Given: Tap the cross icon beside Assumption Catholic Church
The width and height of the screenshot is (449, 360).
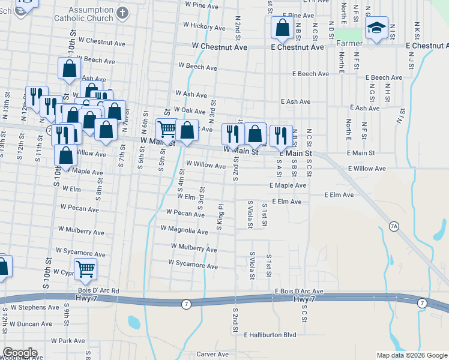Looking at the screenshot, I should (x=122, y=12).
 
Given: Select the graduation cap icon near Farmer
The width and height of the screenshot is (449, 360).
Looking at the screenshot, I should (x=377, y=29).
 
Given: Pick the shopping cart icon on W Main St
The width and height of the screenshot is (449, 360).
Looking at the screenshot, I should (x=166, y=129).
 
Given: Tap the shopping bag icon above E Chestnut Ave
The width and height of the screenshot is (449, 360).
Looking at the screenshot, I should (x=282, y=27).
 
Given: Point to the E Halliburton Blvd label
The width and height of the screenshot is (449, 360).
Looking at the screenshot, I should (x=270, y=335).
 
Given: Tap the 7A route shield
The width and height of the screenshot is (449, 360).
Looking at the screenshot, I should (x=394, y=226).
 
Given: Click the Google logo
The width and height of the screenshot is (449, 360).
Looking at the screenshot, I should (x=20, y=353).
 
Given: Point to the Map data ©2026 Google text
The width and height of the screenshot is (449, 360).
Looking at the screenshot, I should (x=411, y=355).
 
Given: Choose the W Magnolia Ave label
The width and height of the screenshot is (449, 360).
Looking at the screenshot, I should (x=184, y=230).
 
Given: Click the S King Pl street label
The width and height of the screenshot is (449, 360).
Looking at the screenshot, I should (x=220, y=217).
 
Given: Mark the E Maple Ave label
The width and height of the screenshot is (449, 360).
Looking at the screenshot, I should (x=288, y=186).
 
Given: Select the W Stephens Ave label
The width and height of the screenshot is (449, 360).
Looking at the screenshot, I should (x=34, y=307).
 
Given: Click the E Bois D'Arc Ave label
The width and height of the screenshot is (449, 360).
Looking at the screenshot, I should (x=299, y=292).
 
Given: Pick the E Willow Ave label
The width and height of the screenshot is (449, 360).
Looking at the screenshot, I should (x=366, y=169).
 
